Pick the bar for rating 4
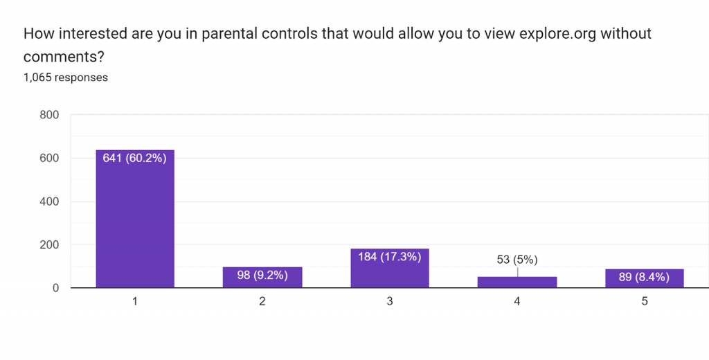517,282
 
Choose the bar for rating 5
645,278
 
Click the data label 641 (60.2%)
135,159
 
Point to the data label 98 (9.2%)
262,276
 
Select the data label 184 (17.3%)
390,257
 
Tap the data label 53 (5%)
517,260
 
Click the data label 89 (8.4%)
645,278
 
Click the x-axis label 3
390,302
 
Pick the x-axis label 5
645,302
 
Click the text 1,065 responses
66,78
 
